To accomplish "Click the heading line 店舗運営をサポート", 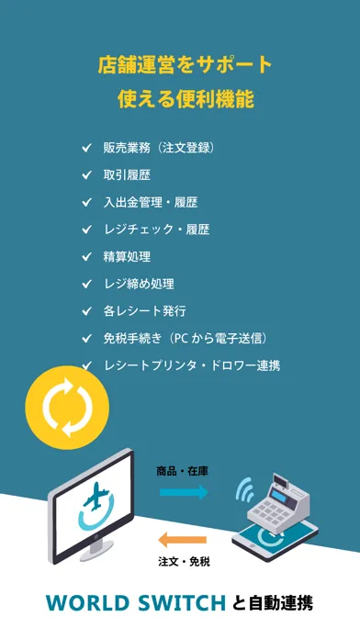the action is coord(186,65).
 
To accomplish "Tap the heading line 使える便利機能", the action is coord(186,99).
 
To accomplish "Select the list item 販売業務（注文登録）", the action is coord(160,148).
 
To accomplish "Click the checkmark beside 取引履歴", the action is coord(86,175).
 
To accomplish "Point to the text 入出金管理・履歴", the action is coord(151,203).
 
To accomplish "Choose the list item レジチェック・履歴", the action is coord(156,230).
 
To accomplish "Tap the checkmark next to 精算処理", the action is coord(86,257).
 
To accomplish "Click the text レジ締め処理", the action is coord(139,284).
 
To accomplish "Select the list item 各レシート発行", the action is coord(145,311).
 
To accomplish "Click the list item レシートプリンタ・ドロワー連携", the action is coord(192,365).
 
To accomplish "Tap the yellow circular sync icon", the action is coord(67,408).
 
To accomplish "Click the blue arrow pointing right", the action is coord(184,492).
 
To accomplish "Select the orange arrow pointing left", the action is coord(182,540).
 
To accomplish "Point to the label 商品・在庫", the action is coord(182,472).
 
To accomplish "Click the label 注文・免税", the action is coord(184,562).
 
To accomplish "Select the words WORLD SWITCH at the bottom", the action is coord(136,603).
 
